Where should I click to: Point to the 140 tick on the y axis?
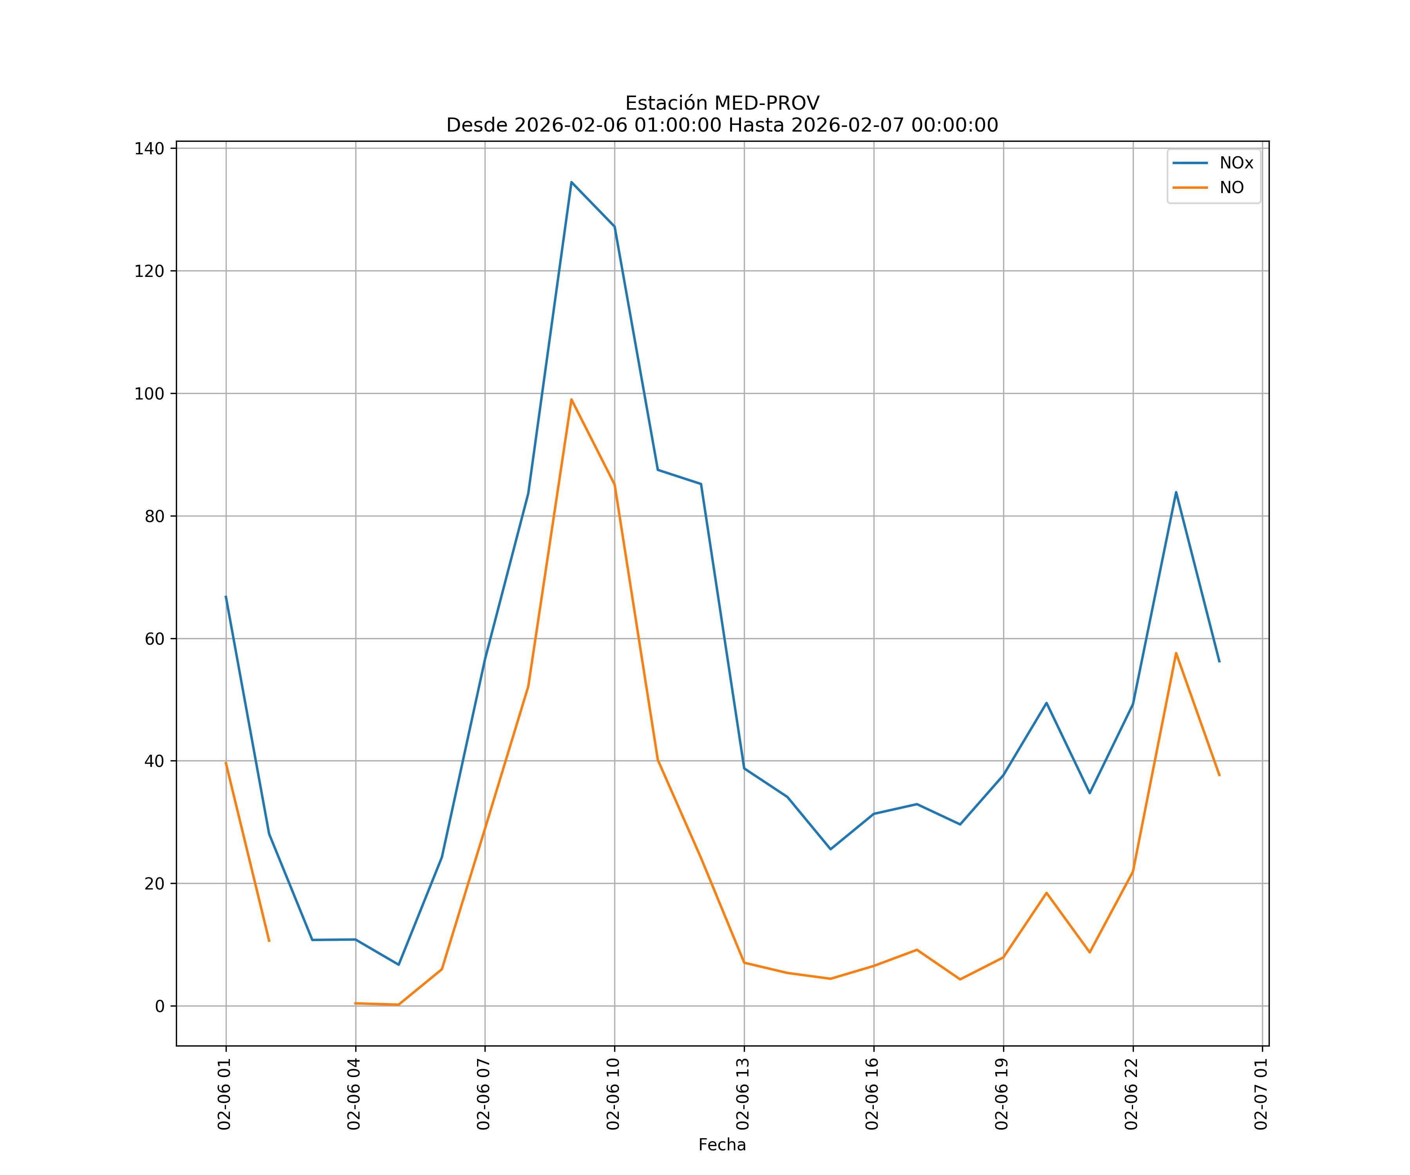(149, 148)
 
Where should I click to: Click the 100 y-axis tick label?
(149, 394)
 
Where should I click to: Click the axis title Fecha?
(722, 1145)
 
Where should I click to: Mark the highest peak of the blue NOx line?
(571, 182)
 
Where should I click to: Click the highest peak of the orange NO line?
(571, 399)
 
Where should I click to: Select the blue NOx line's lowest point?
(399, 965)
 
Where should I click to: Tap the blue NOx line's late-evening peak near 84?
(1176, 492)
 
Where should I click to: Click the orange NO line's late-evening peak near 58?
(1176, 653)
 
